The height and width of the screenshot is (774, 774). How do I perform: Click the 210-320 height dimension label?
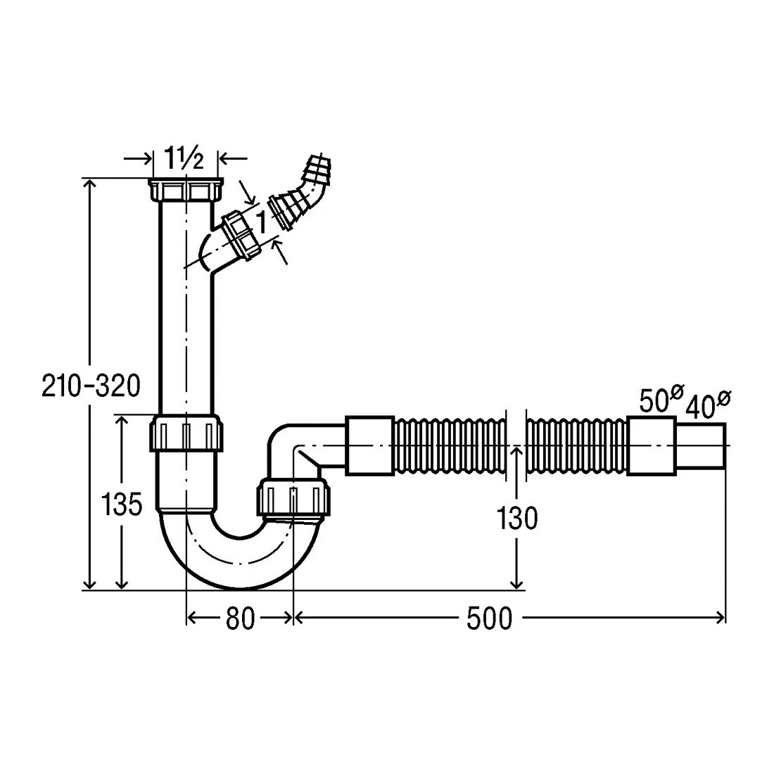click(x=91, y=386)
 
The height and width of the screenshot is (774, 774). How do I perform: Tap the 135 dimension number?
click(x=122, y=505)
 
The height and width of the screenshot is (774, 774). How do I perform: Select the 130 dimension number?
click(x=517, y=519)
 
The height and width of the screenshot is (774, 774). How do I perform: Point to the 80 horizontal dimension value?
click(x=240, y=618)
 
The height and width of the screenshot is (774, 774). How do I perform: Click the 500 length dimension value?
click(x=489, y=618)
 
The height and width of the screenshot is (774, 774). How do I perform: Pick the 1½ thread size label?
click(x=183, y=158)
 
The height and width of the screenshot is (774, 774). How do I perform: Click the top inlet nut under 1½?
click(x=186, y=190)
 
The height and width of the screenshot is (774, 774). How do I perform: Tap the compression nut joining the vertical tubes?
click(x=186, y=433)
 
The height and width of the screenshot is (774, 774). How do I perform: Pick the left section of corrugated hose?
click(x=450, y=447)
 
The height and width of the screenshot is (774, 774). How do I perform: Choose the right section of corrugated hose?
click(x=576, y=447)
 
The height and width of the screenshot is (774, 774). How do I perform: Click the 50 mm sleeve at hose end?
click(x=651, y=446)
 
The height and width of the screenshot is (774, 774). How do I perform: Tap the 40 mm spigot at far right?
click(x=700, y=445)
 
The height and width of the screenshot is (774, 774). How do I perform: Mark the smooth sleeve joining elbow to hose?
click(x=369, y=446)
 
